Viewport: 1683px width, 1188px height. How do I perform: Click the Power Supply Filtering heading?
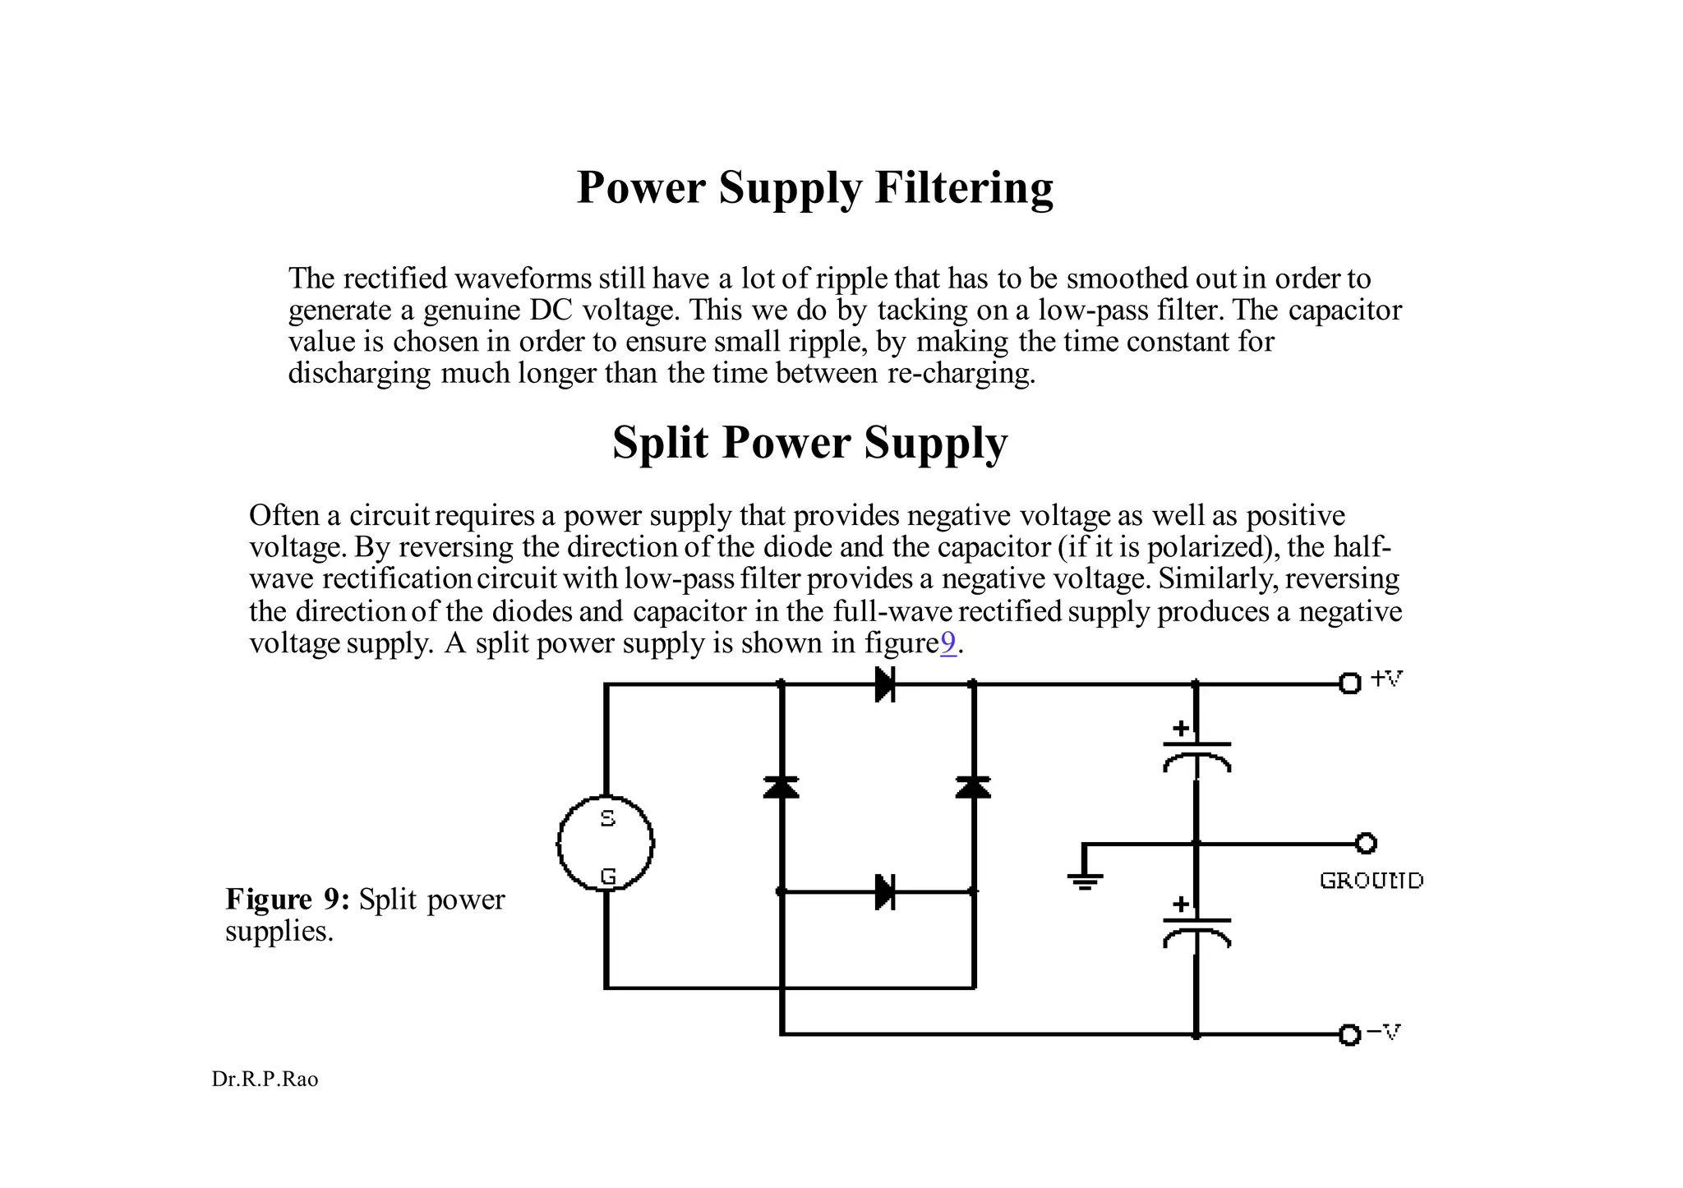[x=814, y=187]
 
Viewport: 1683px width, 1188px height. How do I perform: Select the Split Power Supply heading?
[x=809, y=443]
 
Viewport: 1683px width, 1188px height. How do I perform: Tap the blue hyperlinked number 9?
[x=948, y=643]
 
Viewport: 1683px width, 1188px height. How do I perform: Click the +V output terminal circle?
[x=1349, y=683]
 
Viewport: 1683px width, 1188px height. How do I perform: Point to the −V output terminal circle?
[x=1349, y=1034]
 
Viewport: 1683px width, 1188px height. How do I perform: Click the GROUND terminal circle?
[x=1366, y=843]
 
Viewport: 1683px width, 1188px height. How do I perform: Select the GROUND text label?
[x=1371, y=881]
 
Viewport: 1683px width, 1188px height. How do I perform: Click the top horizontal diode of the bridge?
[x=884, y=684]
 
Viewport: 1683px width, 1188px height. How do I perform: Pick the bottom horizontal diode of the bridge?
[x=884, y=891]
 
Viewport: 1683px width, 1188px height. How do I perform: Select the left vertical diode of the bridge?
[x=781, y=787]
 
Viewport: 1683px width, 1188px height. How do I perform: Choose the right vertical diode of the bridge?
[x=973, y=787]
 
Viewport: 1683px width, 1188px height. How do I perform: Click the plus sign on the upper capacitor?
[x=1181, y=728]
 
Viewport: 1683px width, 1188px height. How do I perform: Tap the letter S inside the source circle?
[x=607, y=818]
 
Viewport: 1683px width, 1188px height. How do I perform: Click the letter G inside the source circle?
[x=607, y=877]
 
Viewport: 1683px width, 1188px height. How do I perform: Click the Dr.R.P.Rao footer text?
[x=265, y=1080]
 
